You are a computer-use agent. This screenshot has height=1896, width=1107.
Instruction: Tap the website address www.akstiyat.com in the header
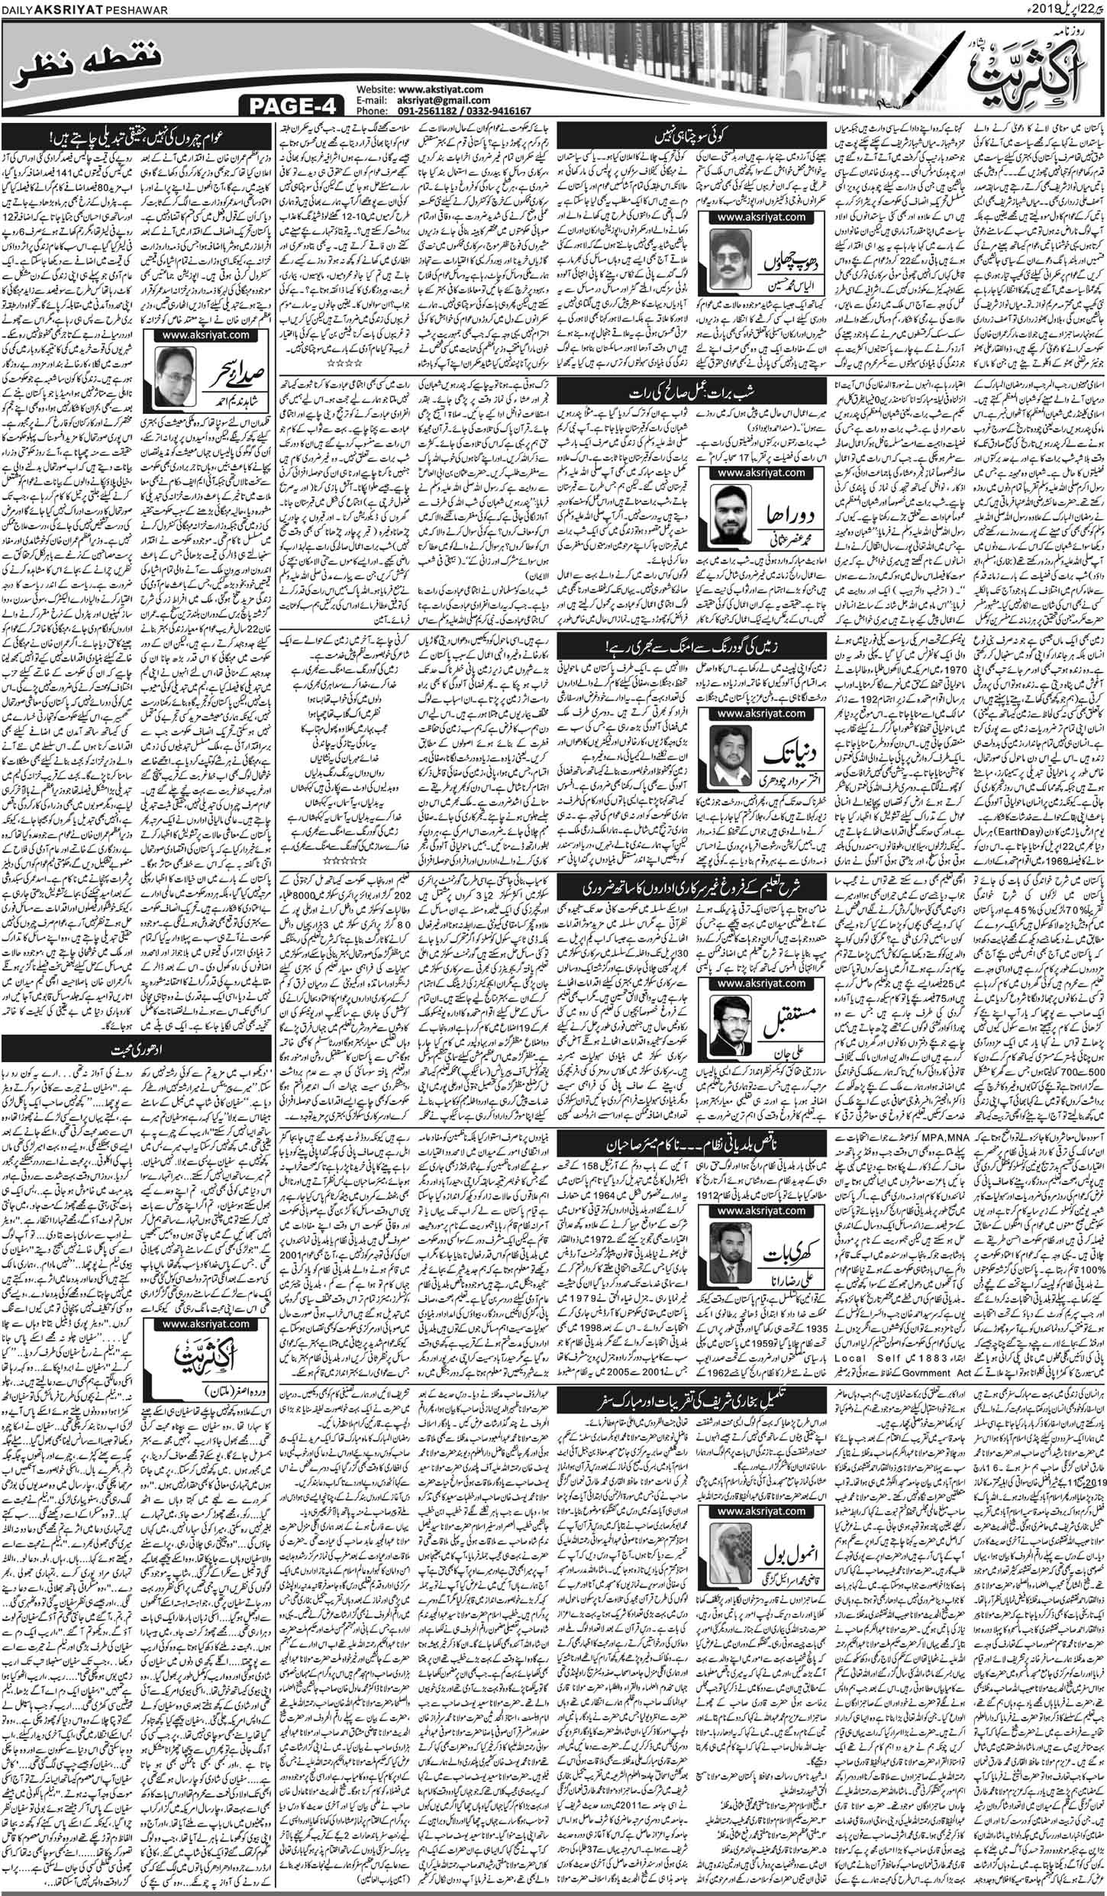440,89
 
